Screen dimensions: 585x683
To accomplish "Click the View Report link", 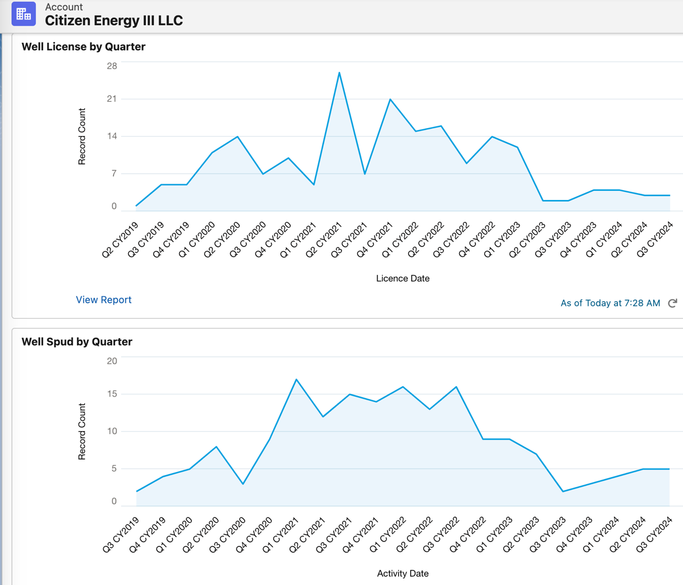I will (104, 300).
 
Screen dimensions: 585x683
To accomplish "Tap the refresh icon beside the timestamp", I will (672, 302).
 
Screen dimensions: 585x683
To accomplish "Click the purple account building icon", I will (23, 14).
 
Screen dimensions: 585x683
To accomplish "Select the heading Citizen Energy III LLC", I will (114, 20).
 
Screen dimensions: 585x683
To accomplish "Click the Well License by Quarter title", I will (84, 47).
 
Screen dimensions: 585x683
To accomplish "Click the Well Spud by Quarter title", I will (77, 342).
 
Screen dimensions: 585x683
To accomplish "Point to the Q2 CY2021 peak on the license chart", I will (339, 73).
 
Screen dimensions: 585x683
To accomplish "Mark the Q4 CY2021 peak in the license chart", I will (390, 99).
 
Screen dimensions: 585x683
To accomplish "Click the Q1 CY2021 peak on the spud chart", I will (296, 380).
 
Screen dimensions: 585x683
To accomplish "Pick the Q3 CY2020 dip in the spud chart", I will (243, 484).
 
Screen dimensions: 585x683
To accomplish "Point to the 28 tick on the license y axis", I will (111, 66).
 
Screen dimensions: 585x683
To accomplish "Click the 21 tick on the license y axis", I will (111, 99).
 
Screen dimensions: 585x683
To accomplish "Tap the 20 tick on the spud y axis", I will (111, 361).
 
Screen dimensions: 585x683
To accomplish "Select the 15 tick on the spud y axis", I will (111, 394).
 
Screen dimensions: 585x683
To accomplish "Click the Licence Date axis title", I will (403, 278).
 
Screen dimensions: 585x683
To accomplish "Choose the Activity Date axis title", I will (403, 573).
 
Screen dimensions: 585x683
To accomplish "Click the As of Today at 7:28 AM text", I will (610, 303).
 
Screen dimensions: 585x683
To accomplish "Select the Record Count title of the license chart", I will (82, 136).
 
